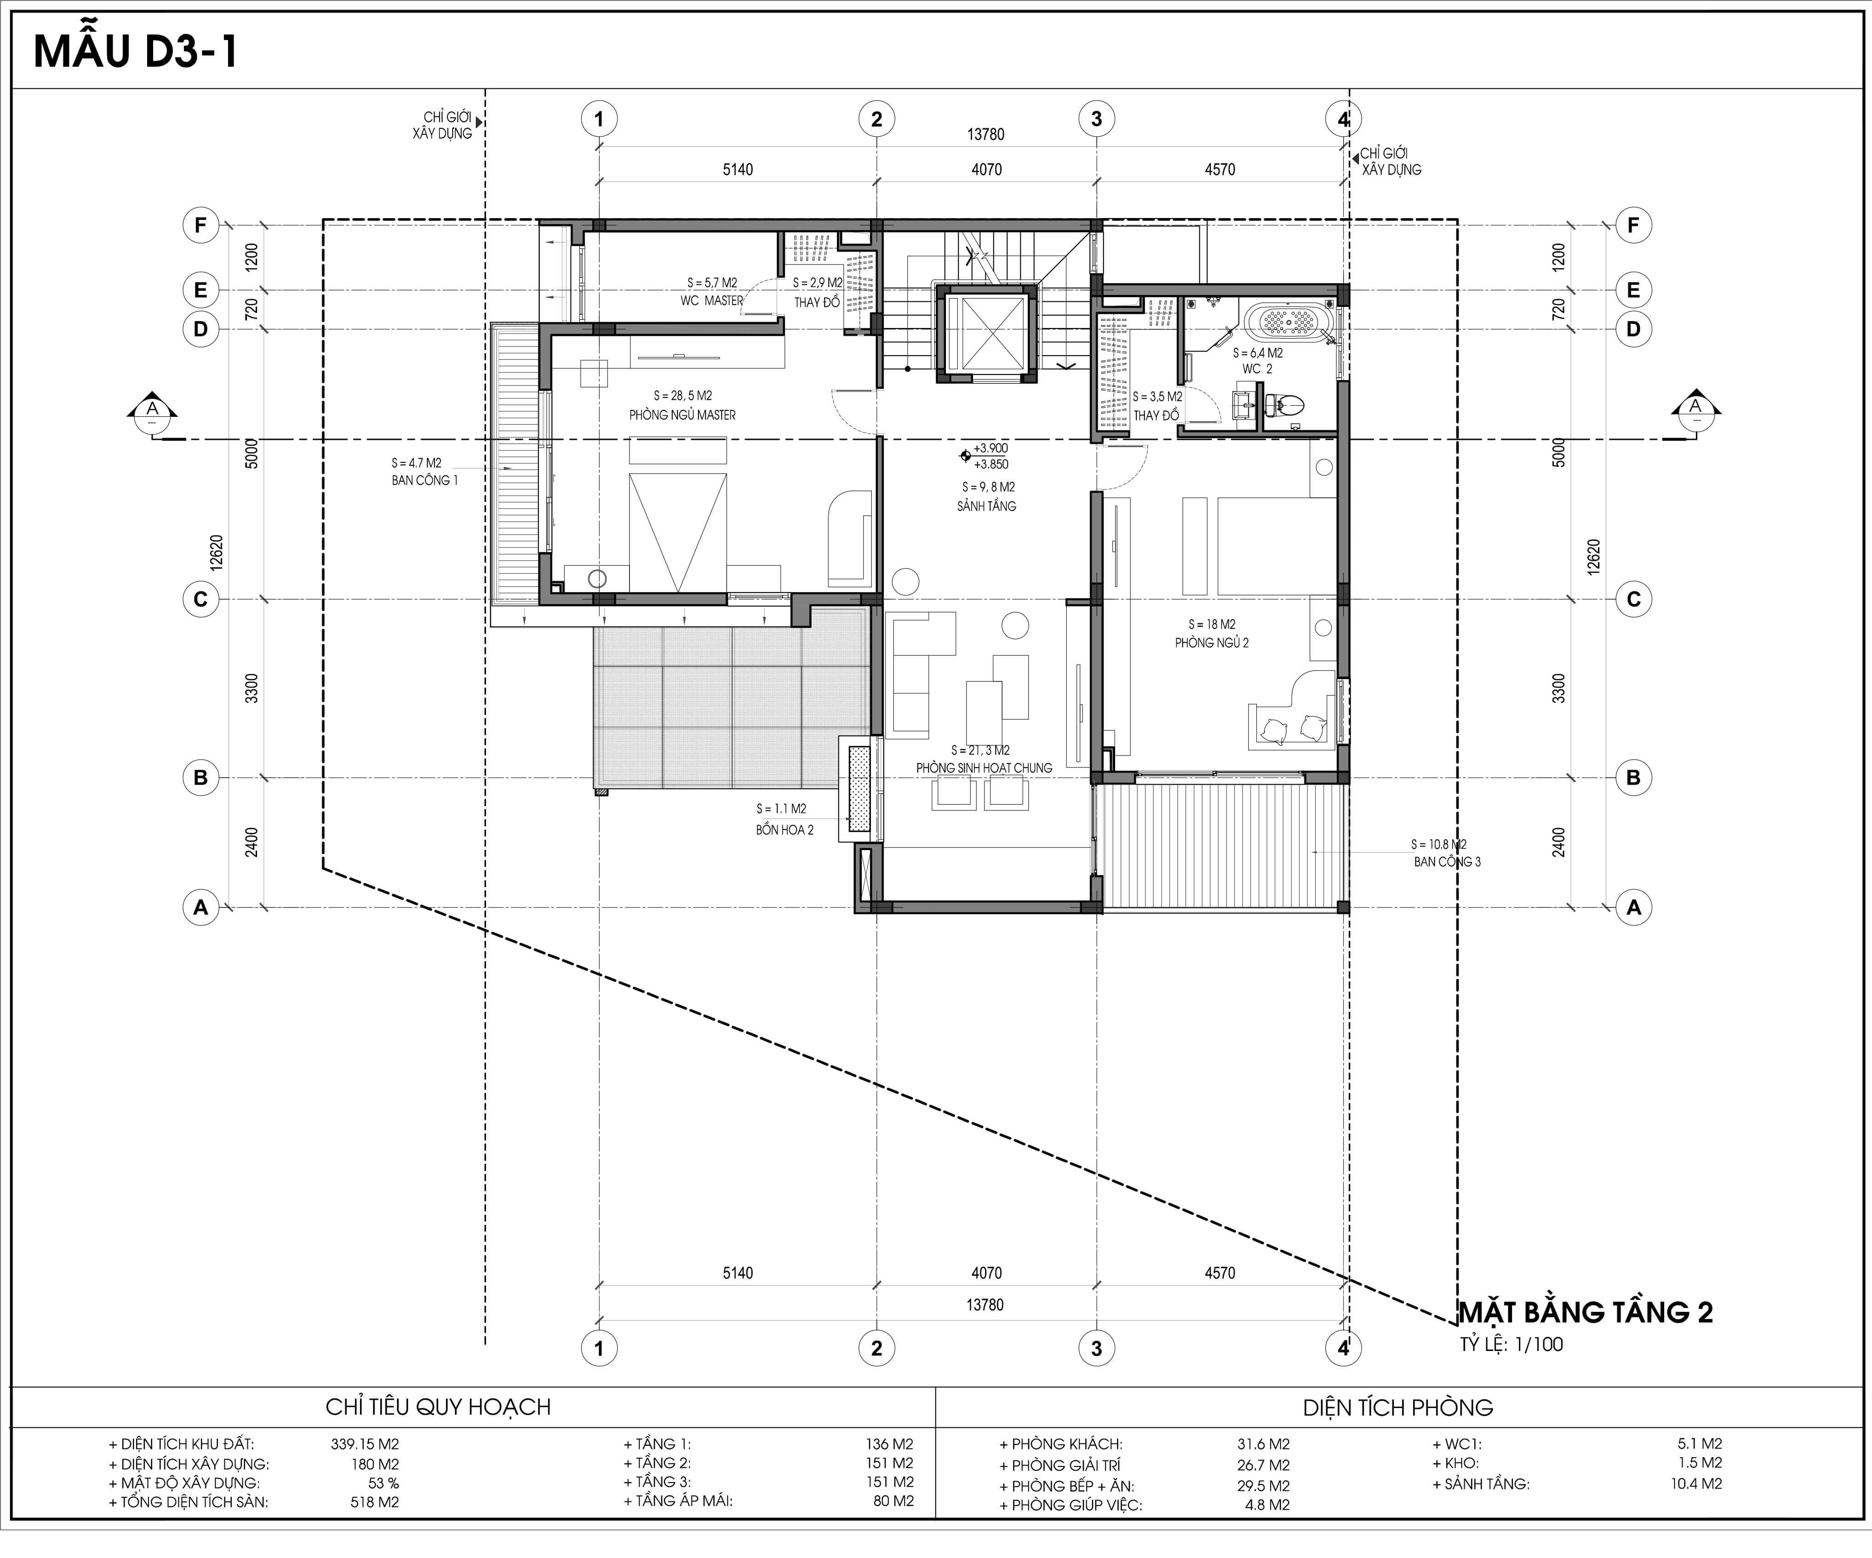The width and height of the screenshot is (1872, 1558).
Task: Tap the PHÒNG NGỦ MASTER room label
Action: click(x=682, y=415)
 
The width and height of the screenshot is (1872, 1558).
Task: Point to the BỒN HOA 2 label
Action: click(x=784, y=830)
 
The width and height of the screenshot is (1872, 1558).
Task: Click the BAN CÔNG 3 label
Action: click(x=1447, y=861)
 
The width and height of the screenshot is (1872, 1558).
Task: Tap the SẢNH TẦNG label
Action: click(x=986, y=506)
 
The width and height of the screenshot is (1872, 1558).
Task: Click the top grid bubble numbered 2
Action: click(x=876, y=119)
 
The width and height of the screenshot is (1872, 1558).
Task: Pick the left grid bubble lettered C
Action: click(x=200, y=599)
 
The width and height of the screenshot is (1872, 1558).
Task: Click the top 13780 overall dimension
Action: click(x=985, y=135)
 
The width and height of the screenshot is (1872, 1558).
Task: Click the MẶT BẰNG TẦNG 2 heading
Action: click(x=1585, y=1312)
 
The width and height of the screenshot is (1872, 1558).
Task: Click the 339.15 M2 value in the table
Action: click(x=365, y=1444)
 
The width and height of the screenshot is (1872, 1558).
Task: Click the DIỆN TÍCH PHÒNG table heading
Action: click(x=1398, y=1407)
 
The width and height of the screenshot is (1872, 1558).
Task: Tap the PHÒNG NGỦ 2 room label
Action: click(x=1212, y=642)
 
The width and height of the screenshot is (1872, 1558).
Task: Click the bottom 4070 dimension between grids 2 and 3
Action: click(x=986, y=1273)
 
